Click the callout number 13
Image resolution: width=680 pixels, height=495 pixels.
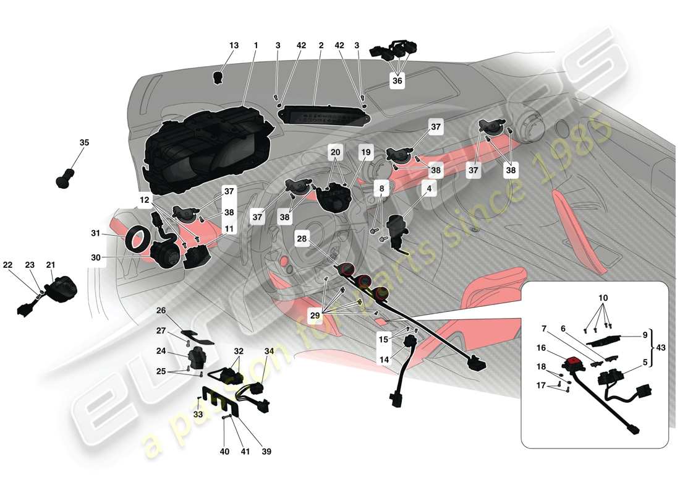tap(234, 46)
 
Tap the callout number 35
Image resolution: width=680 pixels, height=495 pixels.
tap(84, 142)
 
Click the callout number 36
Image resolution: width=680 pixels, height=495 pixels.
tap(396, 80)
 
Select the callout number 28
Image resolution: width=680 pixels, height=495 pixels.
tap(301, 239)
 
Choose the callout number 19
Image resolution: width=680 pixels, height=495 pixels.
tap(366, 152)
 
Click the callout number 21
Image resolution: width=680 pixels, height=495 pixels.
tap(50, 265)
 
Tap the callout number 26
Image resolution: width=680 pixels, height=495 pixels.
tap(161, 310)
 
